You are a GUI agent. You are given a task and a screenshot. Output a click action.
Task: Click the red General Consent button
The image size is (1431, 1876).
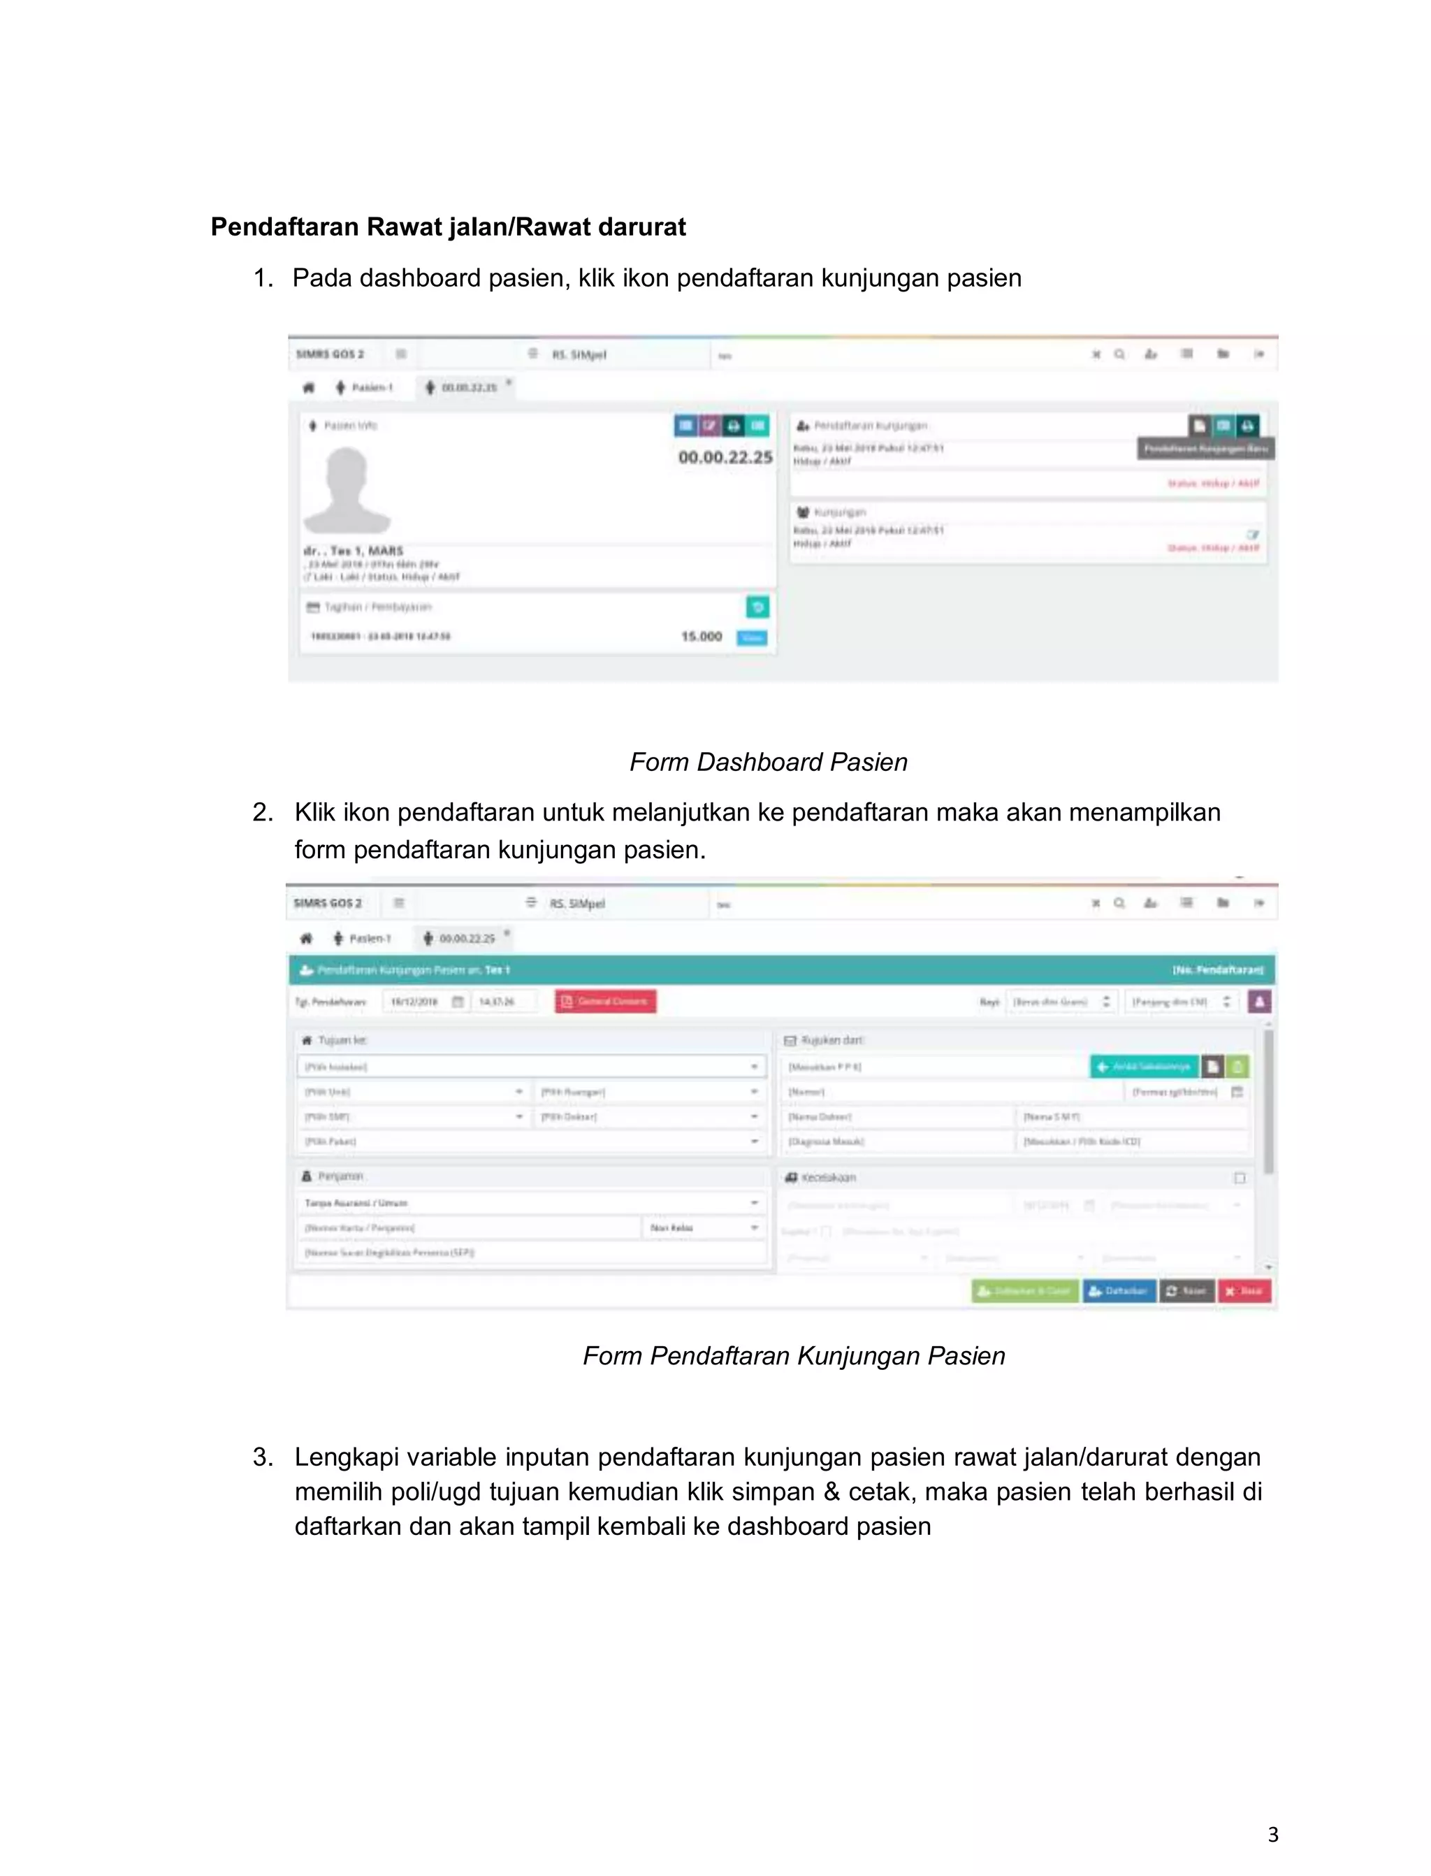click(605, 1001)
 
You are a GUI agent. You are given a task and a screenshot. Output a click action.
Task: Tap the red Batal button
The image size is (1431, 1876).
click(1244, 1291)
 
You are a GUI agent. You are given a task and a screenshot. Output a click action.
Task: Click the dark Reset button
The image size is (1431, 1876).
click(1186, 1291)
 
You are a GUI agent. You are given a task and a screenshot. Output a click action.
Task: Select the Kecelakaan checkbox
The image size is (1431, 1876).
click(1240, 1178)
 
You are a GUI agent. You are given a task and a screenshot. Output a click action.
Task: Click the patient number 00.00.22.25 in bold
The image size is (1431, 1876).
click(725, 458)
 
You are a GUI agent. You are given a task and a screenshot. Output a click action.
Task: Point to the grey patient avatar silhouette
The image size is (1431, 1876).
click(347, 490)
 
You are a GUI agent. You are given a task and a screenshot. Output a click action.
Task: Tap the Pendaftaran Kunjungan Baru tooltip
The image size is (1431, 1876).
click(1205, 448)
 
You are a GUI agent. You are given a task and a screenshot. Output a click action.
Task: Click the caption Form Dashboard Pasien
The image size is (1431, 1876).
click(769, 762)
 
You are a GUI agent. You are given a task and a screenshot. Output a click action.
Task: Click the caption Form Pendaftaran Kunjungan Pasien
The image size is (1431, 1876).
click(794, 1355)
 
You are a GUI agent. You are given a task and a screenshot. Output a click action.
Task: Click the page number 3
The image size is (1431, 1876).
click(1272, 1834)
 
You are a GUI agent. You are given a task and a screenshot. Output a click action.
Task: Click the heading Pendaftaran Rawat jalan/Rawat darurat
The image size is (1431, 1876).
click(448, 227)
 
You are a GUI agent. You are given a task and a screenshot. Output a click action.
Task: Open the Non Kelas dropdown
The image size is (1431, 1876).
click(704, 1227)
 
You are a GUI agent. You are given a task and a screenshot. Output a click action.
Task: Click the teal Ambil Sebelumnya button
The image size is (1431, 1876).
click(1144, 1067)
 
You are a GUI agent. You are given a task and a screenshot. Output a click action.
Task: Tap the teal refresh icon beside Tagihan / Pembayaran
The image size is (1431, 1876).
click(757, 607)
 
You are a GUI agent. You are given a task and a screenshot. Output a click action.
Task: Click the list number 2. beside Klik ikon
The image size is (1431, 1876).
click(262, 812)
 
